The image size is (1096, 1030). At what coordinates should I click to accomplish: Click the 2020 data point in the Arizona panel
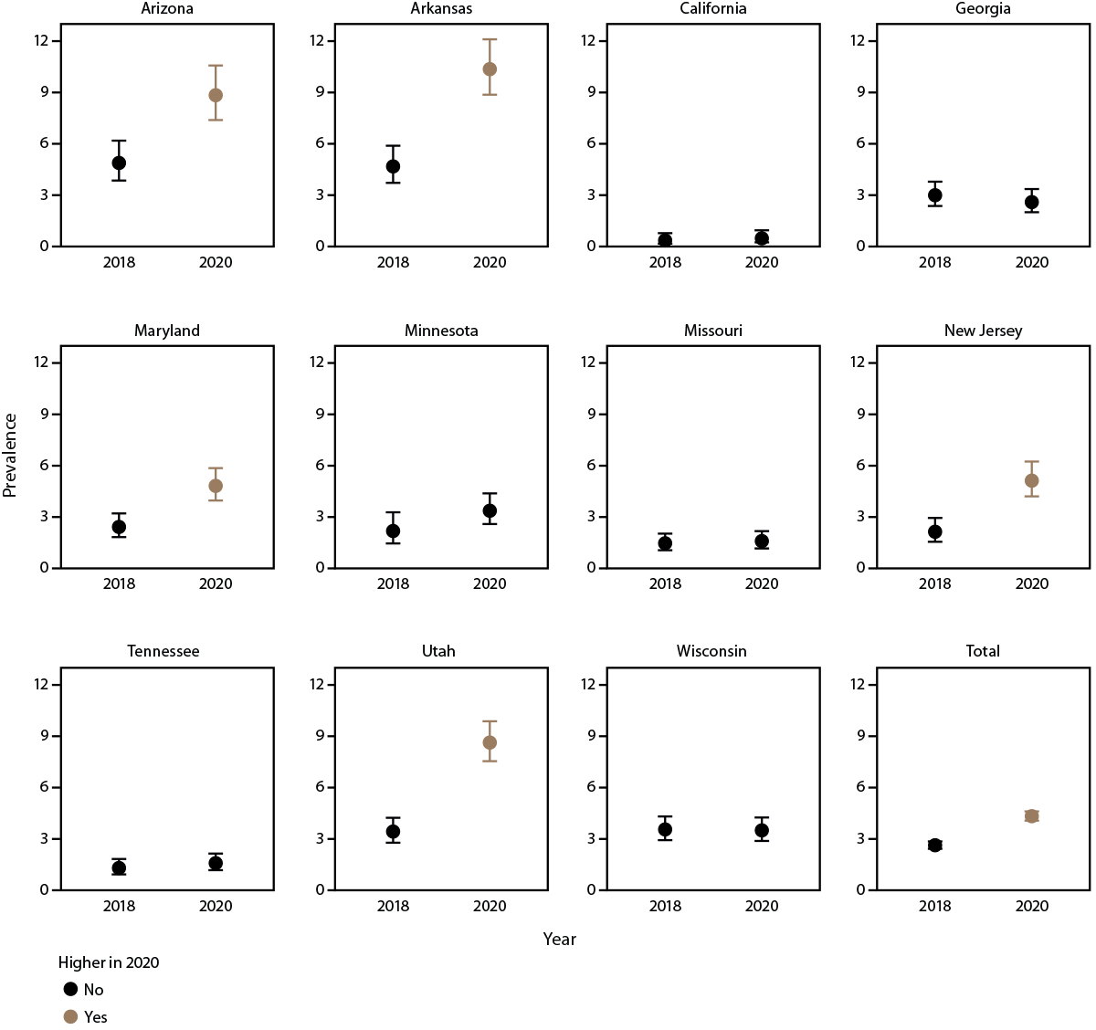tap(216, 95)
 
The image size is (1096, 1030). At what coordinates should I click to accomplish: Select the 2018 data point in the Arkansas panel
tap(393, 166)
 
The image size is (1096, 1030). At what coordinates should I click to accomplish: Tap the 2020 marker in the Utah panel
tap(490, 742)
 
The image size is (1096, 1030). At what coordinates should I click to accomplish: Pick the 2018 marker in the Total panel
tap(934, 845)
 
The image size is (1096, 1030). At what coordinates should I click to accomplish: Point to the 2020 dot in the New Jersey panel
tap(1031, 480)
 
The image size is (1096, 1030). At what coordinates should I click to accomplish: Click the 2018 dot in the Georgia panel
tap(934, 195)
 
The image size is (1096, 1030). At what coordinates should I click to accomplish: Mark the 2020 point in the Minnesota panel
tap(490, 510)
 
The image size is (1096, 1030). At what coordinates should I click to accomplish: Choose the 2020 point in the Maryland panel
tap(216, 486)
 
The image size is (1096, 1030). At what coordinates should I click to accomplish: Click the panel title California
tap(713, 9)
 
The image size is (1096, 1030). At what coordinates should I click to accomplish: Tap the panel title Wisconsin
tap(711, 651)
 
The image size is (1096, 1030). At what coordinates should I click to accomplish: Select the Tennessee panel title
tap(163, 651)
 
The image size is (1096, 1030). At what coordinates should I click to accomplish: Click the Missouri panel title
tap(713, 331)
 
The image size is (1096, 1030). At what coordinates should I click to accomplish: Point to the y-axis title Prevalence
tap(10, 455)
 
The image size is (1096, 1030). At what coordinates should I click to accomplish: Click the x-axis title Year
tap(559, 940)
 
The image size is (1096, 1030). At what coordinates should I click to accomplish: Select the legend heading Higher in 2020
tap(109, 962)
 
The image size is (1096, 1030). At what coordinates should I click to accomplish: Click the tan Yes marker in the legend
tap(70, 1016)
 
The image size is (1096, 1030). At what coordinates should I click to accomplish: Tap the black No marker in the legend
tap(70, 989)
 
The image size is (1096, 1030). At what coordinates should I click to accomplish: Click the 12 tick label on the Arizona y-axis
tap(42, 40)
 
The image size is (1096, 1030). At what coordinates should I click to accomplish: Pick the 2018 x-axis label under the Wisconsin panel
tap(665, 906)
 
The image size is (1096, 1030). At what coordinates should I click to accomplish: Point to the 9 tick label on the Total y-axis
tap(860, 736)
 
